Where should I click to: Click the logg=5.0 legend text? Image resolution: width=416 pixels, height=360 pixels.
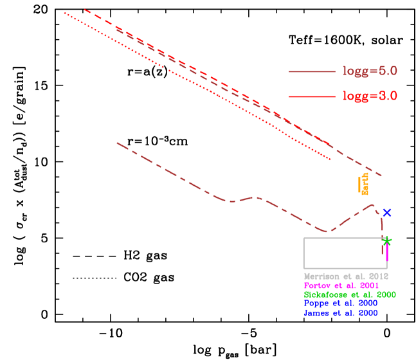[369, 71]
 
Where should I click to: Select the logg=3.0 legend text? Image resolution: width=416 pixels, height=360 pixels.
[369, 96]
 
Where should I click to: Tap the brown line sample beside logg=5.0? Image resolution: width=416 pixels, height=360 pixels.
[312, 71]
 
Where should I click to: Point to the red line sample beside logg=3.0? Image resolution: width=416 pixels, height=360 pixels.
[312, 96]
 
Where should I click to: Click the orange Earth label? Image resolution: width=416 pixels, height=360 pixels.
[365, 184]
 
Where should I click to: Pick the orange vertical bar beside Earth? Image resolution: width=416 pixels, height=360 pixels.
[359, 184]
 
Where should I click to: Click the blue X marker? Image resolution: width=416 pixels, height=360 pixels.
[386, 213]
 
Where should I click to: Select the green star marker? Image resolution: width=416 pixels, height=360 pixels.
[386, 241]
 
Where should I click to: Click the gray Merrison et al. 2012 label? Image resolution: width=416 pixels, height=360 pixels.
[346, 276]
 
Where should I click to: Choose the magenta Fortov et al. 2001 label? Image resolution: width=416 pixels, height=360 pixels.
[341, 285]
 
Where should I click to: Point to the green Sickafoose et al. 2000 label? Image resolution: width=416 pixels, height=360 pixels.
[350, 294]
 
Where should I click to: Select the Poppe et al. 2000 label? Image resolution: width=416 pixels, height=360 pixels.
[341, 303]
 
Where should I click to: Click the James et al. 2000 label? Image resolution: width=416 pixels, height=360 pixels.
[341, 313]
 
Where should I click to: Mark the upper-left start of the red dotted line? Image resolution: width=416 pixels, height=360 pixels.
[64, 13]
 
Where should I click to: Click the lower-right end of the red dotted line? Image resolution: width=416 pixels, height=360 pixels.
[331, 159]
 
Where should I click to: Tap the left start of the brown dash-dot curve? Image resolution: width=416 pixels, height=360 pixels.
[117, 143]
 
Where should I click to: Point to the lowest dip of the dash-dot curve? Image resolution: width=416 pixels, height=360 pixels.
[327, 231]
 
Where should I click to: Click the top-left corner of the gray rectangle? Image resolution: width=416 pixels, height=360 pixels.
[303, 238]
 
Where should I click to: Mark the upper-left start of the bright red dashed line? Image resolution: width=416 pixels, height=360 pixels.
[84, 9]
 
